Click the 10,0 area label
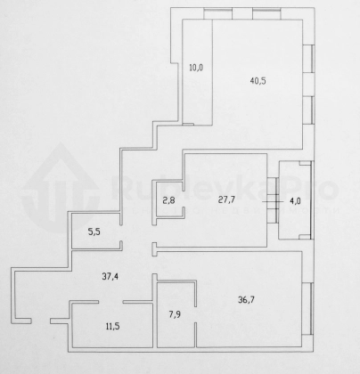point(196,68)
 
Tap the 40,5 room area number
point(258,81)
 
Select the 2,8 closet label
point(168,200)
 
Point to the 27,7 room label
point(226,199)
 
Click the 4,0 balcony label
point(295,201)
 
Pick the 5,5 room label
point(94,232)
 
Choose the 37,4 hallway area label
point(110,277)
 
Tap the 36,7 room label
point(246,300)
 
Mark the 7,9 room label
point(175,314)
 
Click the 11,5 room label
point(112,327)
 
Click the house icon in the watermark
point(61,187)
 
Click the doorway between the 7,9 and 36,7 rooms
point(195,314)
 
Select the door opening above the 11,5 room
point(110,302)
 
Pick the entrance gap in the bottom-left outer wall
point(41,321)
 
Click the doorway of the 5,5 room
point(121,232)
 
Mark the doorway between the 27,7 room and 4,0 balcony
point(273,201)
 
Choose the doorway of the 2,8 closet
point(184,199)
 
